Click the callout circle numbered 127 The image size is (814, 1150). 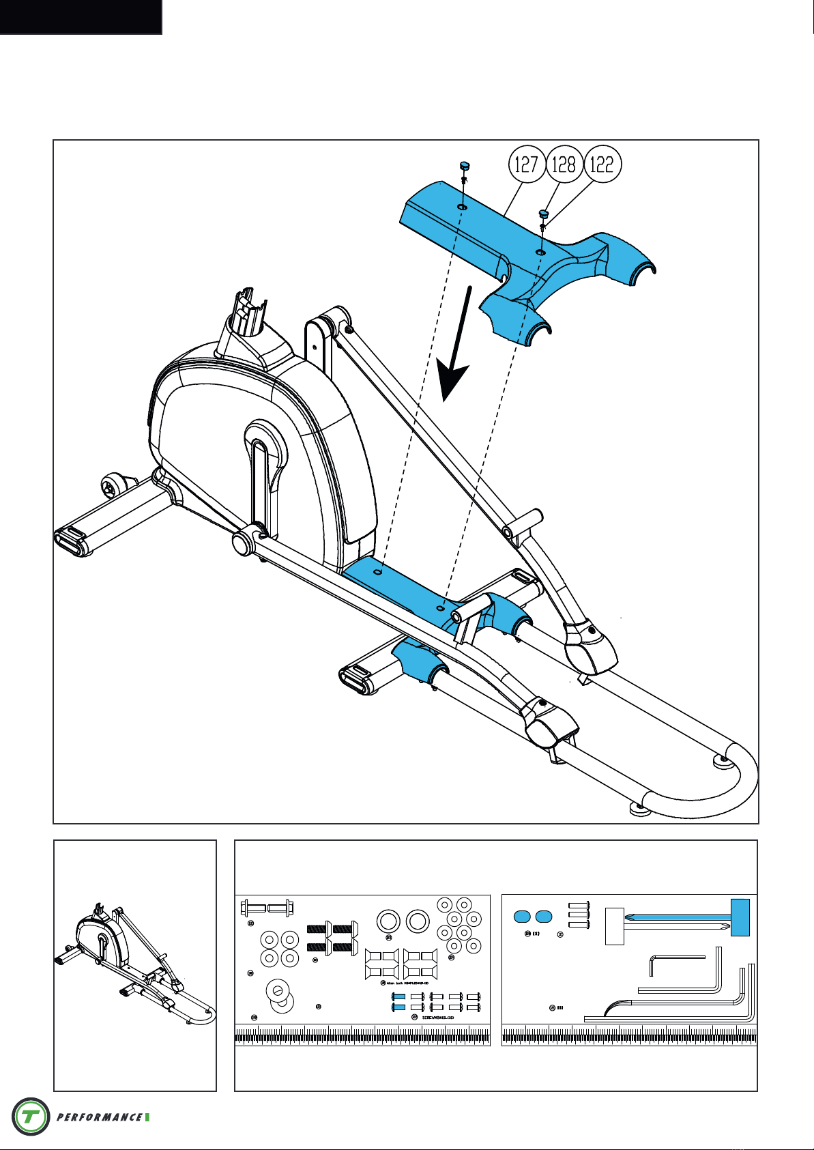[x=526, y=164]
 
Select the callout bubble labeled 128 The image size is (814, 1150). [x=564, y=164]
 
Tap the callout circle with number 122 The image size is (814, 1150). [x=602, y=164]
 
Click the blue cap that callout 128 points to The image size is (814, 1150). [x=544, y=212]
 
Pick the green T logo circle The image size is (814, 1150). [x=31, y=1117]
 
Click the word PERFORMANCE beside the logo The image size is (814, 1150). [x=100, y=1117]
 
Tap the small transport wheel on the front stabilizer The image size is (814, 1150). [x=111, y=487]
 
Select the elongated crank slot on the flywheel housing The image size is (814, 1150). [x=259, y=478]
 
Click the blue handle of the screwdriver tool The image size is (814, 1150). [x=740, y=917]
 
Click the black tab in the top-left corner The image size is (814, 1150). [x=81, y=16]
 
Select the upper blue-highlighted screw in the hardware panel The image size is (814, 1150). [x=399, y=997]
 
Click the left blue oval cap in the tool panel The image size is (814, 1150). [x=523, y=917]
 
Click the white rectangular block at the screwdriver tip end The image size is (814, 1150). [x=615, y=926]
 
